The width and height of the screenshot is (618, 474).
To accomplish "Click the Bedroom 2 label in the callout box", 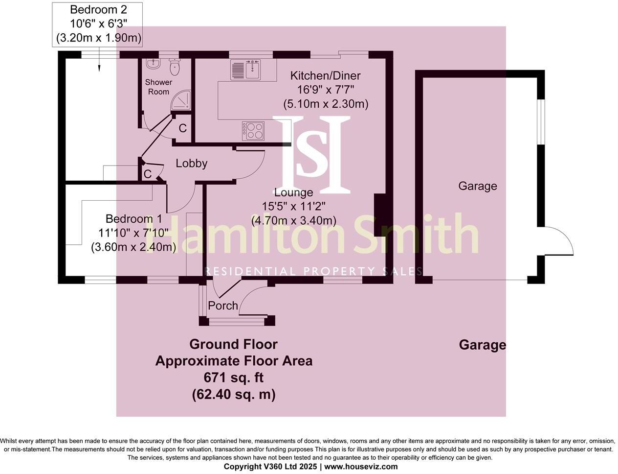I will tap(97, 10).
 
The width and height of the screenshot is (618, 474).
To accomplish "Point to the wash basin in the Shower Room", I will tap(154, 64).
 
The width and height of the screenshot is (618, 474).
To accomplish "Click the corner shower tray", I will tap(182, 100).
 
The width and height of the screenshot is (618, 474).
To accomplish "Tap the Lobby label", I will tap(191, 164).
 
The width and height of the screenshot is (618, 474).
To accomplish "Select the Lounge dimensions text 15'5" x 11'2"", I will tap(293, 206).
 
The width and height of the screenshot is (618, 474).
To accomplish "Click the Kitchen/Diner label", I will tap(325, 76).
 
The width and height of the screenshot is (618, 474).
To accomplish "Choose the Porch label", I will tap(223, 306).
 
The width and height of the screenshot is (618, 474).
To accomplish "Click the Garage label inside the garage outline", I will tap(477, 186).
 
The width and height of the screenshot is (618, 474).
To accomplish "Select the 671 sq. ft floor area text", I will tap(233, 378).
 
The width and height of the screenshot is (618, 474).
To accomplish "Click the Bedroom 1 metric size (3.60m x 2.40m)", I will tap(133, 247).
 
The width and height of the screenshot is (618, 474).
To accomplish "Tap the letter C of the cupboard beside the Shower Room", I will tap(182, 129).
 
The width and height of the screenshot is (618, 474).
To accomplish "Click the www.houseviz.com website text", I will tap(361, 467).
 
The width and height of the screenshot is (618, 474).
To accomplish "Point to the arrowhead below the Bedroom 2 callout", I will tap(99, 68).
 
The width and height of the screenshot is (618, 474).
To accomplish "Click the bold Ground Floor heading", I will tap(233, 344).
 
